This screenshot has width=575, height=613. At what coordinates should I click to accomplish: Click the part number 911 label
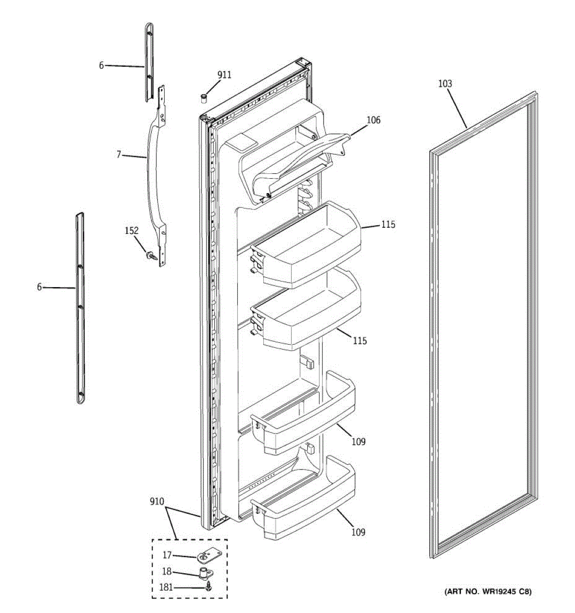point(224,75)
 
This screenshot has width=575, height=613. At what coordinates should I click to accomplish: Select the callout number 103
point(445,84)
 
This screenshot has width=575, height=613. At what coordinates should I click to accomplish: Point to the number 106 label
point(373,120)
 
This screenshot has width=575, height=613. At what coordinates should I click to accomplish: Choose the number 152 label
point(132,231)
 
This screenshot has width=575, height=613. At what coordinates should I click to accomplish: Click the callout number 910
point(157,502)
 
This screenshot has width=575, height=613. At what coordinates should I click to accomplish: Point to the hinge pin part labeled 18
point(206,573)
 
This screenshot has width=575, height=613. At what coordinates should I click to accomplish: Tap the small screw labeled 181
point(208,588)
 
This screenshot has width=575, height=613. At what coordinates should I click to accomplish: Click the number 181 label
point(167,588)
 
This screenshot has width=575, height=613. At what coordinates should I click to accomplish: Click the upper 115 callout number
point(387,224)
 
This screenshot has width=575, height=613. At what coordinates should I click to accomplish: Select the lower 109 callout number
point(358,532)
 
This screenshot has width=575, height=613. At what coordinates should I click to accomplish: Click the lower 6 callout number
point(39,287)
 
